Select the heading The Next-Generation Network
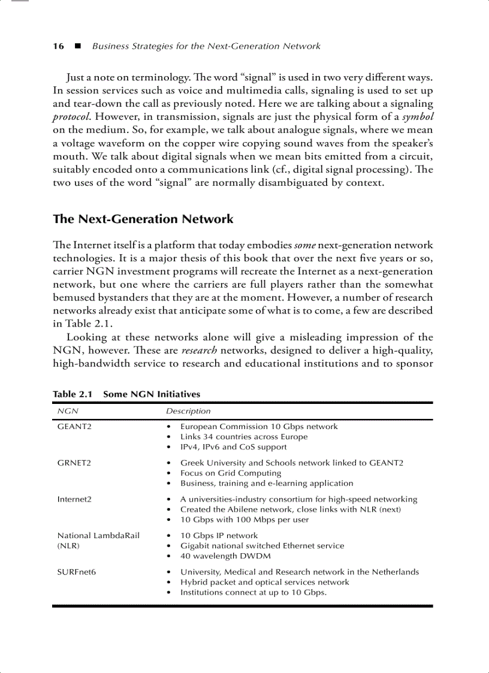pos(143,219)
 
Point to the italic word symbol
pos(417,116)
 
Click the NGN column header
pos(67,411)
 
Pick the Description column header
pos(188,411)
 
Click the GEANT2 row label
pos(74,427)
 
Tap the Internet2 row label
pos(74,499)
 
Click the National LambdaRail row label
pos(98,536)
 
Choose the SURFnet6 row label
pos(77,572)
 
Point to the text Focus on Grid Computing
pos(231,473)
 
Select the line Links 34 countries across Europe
pos(244,437)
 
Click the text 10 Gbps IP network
pos(219,536)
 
